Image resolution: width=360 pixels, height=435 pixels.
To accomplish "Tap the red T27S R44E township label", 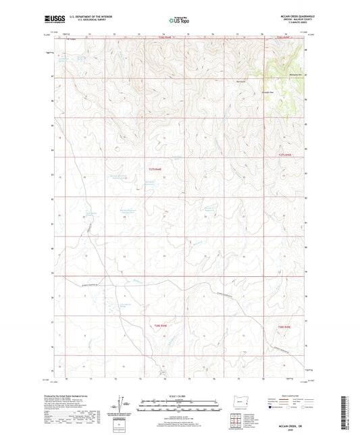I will point(155,169).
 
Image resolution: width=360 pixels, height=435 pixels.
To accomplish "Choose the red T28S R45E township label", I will point(282,326).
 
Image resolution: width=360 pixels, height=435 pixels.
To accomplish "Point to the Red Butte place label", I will point(240,82).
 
